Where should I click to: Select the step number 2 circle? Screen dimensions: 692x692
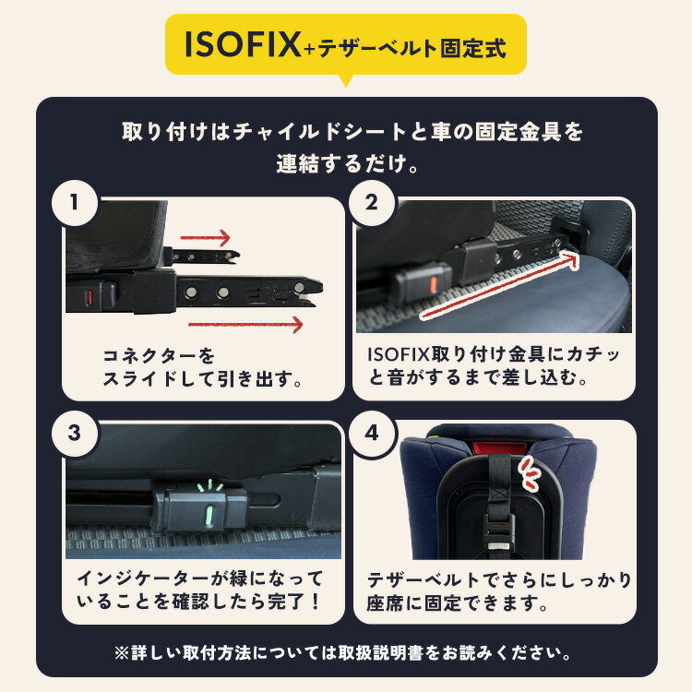[x=372, y=203]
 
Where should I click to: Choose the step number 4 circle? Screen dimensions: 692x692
[x=372, y=431]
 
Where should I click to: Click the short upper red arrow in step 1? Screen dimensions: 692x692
[x=205, y=238]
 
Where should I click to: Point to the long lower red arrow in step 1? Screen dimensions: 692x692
[x=245, y=324]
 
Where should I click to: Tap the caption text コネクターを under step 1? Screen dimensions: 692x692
[x=158, y=354]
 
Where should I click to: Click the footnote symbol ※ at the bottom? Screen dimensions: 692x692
[x=123, y=652]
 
